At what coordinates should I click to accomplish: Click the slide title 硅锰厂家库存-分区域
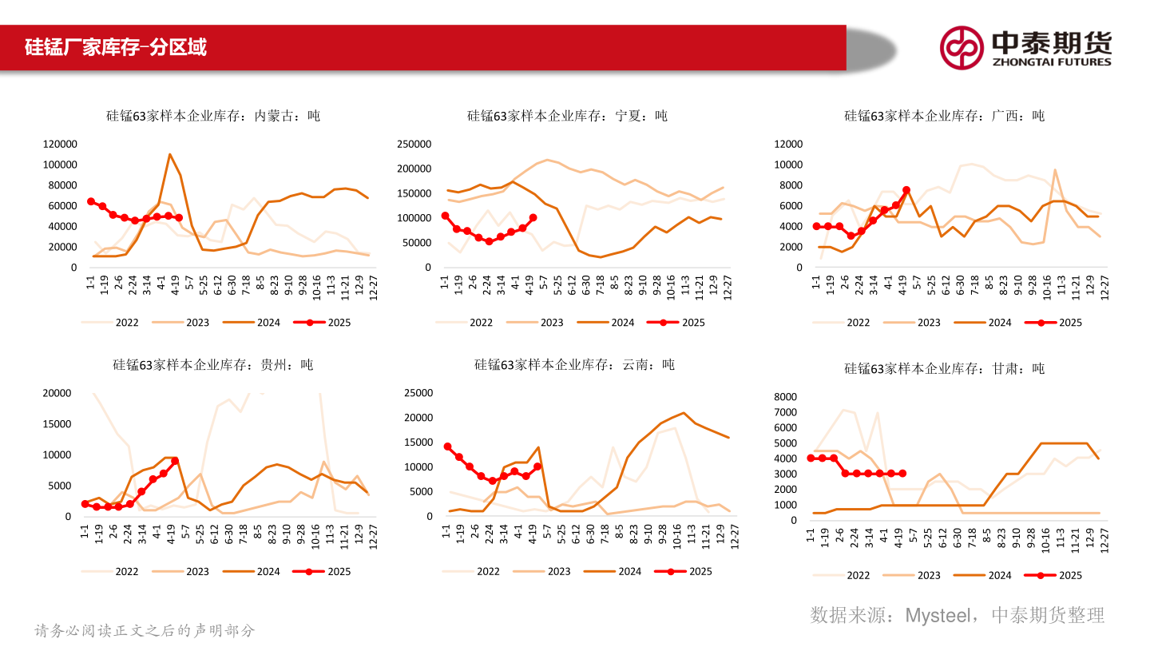[x=116, y=47]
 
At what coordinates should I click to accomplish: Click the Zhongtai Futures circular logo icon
[x=961, y=47]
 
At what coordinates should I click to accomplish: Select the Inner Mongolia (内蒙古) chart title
[x=213, y=116]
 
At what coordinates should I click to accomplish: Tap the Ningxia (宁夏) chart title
[x=567, y=116]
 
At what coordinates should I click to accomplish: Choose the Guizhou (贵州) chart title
[x=213, y=365]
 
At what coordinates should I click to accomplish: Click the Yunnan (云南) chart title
[x=574, y=365]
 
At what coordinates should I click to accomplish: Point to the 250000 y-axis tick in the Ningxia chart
[x=414, y=144]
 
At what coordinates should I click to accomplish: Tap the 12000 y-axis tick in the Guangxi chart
[x=788, y=144]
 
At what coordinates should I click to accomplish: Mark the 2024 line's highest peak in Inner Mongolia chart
[x=169, y=154]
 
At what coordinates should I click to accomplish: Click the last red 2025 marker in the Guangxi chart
[x=906, y=190]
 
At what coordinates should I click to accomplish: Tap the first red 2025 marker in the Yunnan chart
[x=447, y=447]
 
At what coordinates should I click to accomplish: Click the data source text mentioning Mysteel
[x=957, y=614]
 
